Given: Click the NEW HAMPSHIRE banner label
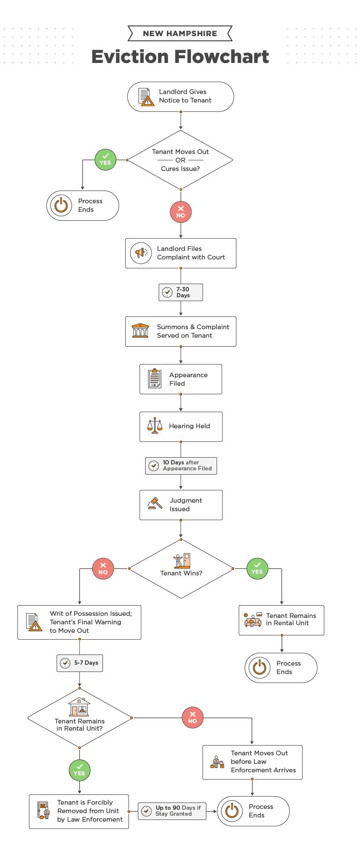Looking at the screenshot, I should (180, 34).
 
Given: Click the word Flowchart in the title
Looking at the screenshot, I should (221, 57).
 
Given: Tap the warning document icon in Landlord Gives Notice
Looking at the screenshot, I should (146, 97).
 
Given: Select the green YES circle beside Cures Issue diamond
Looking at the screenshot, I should (106, 160).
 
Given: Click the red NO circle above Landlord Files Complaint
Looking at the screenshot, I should (181, 212).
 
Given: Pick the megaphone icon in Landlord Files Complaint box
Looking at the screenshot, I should (141, 253).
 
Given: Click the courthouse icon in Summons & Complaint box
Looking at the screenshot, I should (140, 331).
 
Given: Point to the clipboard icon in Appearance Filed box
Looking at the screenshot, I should (154, 379).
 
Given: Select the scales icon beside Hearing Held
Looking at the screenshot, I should (155, 426).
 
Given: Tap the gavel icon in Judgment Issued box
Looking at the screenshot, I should (154, 504).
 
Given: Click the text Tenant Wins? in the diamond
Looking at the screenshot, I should (181, 573).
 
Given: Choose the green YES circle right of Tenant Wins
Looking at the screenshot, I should (257, 569).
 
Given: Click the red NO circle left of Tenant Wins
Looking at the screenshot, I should (103, 569).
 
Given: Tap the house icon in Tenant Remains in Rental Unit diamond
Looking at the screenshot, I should (79, 708).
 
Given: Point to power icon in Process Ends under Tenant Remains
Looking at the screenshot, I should (260, 668).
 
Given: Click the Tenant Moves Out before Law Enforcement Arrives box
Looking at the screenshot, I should (252, 762).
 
